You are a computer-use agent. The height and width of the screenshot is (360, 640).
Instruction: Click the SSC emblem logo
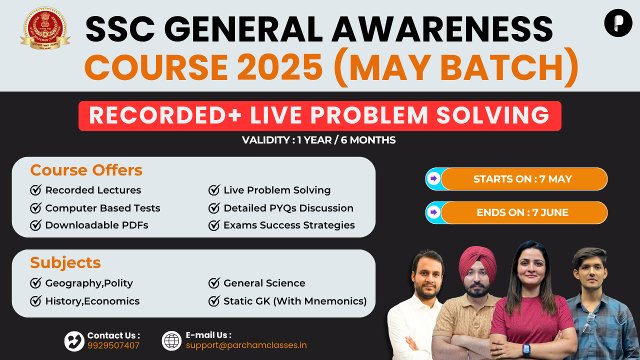coord(45,28)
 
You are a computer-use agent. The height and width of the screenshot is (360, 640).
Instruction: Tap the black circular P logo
coord(618,23)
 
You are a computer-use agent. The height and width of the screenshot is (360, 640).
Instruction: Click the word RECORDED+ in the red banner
coord(165,115)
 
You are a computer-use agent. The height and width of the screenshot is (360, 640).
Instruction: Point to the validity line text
coord(318,140)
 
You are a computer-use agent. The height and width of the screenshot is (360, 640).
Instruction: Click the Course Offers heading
coord(86,170)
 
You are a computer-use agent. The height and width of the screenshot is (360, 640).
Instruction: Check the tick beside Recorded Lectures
coord(36,190)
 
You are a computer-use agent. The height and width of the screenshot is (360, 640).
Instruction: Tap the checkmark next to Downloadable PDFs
coord(36,225)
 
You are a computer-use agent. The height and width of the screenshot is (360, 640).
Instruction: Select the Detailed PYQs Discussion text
coord(288,208)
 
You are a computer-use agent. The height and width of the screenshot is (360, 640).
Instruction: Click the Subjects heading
coord(65,262)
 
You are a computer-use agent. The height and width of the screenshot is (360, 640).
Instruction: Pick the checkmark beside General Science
coord(214,283)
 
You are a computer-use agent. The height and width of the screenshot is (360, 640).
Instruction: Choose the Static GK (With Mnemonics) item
coord(295,301)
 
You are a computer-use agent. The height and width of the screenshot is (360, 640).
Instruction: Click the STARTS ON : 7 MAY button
coord(516,179)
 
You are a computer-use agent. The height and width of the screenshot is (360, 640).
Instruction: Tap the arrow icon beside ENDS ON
coord(433,212)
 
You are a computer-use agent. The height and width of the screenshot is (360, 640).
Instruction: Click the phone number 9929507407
coord(113,345)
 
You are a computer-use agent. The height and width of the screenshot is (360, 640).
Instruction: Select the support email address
coord(246,345)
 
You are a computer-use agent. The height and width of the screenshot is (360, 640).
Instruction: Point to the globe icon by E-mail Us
coord(171,341)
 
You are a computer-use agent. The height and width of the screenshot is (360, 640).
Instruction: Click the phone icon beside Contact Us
coord(74,341)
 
